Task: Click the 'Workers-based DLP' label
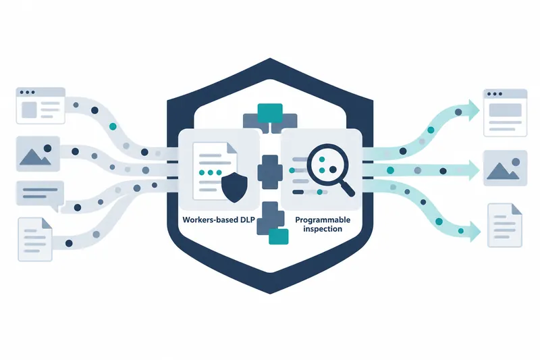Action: (x=218, y=220)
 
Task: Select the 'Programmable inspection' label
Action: (x=323, y=224)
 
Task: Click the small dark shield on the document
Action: (x=234, y=187)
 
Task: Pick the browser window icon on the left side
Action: (x=40, y=105)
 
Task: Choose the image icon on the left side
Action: (x=38, y=153)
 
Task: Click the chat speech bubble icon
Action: (x=40, y=195)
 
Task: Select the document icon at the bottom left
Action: (x=35, y=239)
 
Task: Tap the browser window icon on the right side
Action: (x=505, y=113)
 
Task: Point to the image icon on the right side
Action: (x=505, y=168)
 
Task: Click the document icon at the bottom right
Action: (x=505, y=226)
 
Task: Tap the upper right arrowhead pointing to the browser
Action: (x=474, y=110)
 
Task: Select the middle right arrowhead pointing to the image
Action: (x=475, y=170)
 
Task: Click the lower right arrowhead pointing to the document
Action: (x=475, y=231)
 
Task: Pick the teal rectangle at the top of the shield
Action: (x=270, y=113)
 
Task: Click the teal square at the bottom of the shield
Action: (x=278, y=236)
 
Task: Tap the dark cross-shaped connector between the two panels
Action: (x=270, y=172)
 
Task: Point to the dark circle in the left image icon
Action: (x=47, y=149)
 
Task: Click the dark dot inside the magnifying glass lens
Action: (x=333, y=170)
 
